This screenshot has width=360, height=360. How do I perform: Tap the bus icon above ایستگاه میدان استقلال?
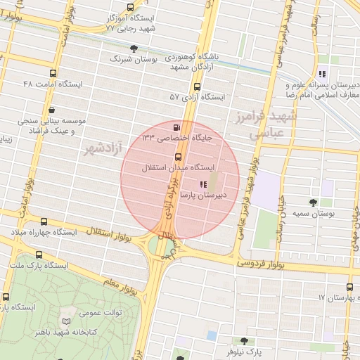point(177,157)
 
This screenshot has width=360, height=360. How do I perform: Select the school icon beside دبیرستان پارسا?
point(204,184)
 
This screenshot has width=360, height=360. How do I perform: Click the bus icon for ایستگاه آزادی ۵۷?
point(197,86)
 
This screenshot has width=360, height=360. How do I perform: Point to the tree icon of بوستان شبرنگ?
point(134,49)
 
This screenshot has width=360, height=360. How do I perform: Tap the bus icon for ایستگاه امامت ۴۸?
point(53,73)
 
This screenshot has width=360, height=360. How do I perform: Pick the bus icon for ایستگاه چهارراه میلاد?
point(44,222)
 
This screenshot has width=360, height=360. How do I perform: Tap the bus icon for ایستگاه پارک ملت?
point(38,255)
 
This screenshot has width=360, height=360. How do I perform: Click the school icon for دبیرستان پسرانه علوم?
point(322,73)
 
